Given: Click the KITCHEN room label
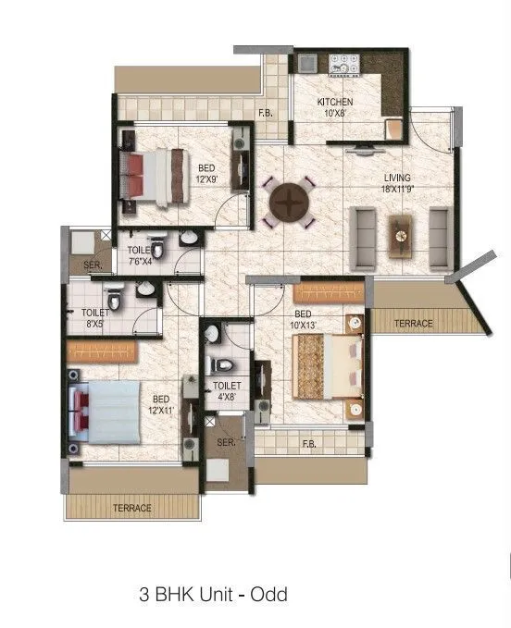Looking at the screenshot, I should (335, 102).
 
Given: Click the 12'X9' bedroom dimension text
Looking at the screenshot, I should (207, 180).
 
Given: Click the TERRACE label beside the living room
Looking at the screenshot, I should (413, 324).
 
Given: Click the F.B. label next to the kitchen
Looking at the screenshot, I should (266, 114).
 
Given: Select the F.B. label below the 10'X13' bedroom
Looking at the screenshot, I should (309, 444).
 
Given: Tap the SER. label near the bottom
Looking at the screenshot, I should (227, 443).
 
